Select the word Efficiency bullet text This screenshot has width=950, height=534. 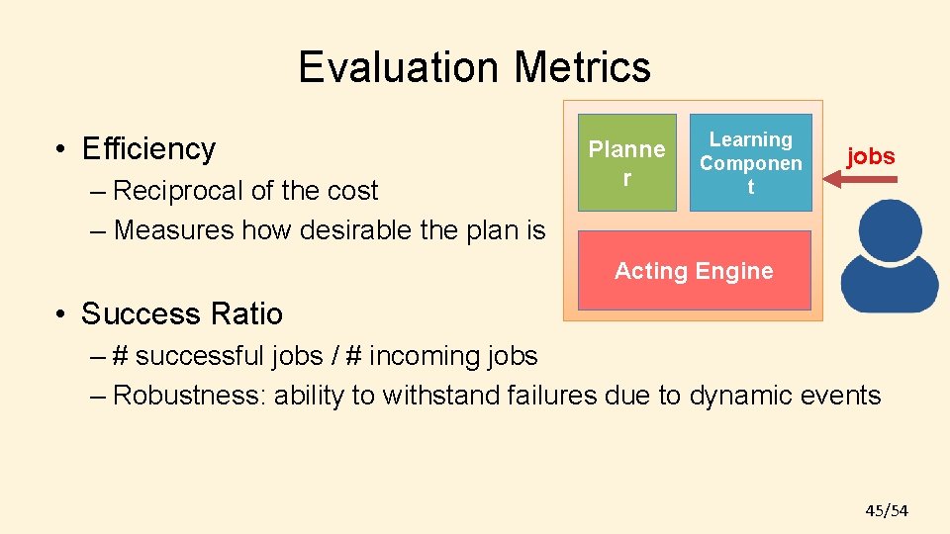pyautogui.click(x=148, y=148)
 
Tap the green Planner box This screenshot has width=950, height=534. pyautogui.click(x=627, y=162)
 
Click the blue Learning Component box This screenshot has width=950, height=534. pyautogui.click(x=750, y=162)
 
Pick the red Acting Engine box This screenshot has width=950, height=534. pyautogui.click(x=694, y=271)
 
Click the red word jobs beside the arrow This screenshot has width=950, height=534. pyautogui.click(x=871, y=156)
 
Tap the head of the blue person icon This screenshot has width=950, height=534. pyautogui.click(x=890, y=226)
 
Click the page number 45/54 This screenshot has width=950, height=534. pyautogui.click(x=887, y=510)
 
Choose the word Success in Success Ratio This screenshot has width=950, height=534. pyautogui.click(x=132, y=313)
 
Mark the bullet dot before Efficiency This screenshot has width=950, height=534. pyautogui.click(x=61, y=150)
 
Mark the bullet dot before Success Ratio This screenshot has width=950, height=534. pyautogui.click(x=61, y=314)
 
